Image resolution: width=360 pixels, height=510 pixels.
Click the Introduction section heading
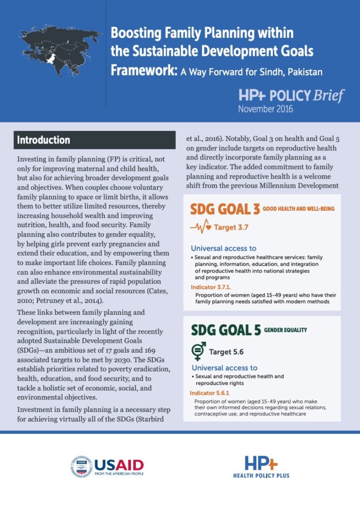(x=44, y=140)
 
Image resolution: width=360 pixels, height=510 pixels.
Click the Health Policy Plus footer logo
(x=261, y=467)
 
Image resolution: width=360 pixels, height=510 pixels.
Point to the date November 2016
(x=265, y=108)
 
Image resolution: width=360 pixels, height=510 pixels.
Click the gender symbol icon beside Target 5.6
(x=198, y=352)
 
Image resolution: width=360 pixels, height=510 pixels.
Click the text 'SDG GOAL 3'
(x=226, y=209)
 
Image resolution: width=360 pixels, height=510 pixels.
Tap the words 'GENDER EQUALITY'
(x=285, y=330)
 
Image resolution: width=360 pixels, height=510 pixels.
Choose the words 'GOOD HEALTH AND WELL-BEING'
(x=306, y=208)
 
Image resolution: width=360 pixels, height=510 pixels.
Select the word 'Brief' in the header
(x=329, y=96)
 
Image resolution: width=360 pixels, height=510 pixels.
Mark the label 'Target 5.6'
(x=226, y=352)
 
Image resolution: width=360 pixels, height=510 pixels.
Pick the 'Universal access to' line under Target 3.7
(x=224, y=248)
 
